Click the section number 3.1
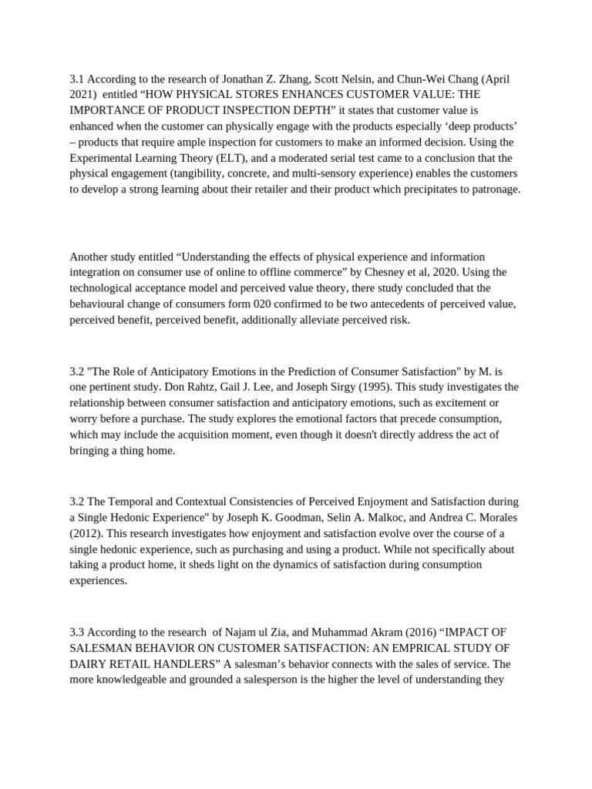pos(76,79)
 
